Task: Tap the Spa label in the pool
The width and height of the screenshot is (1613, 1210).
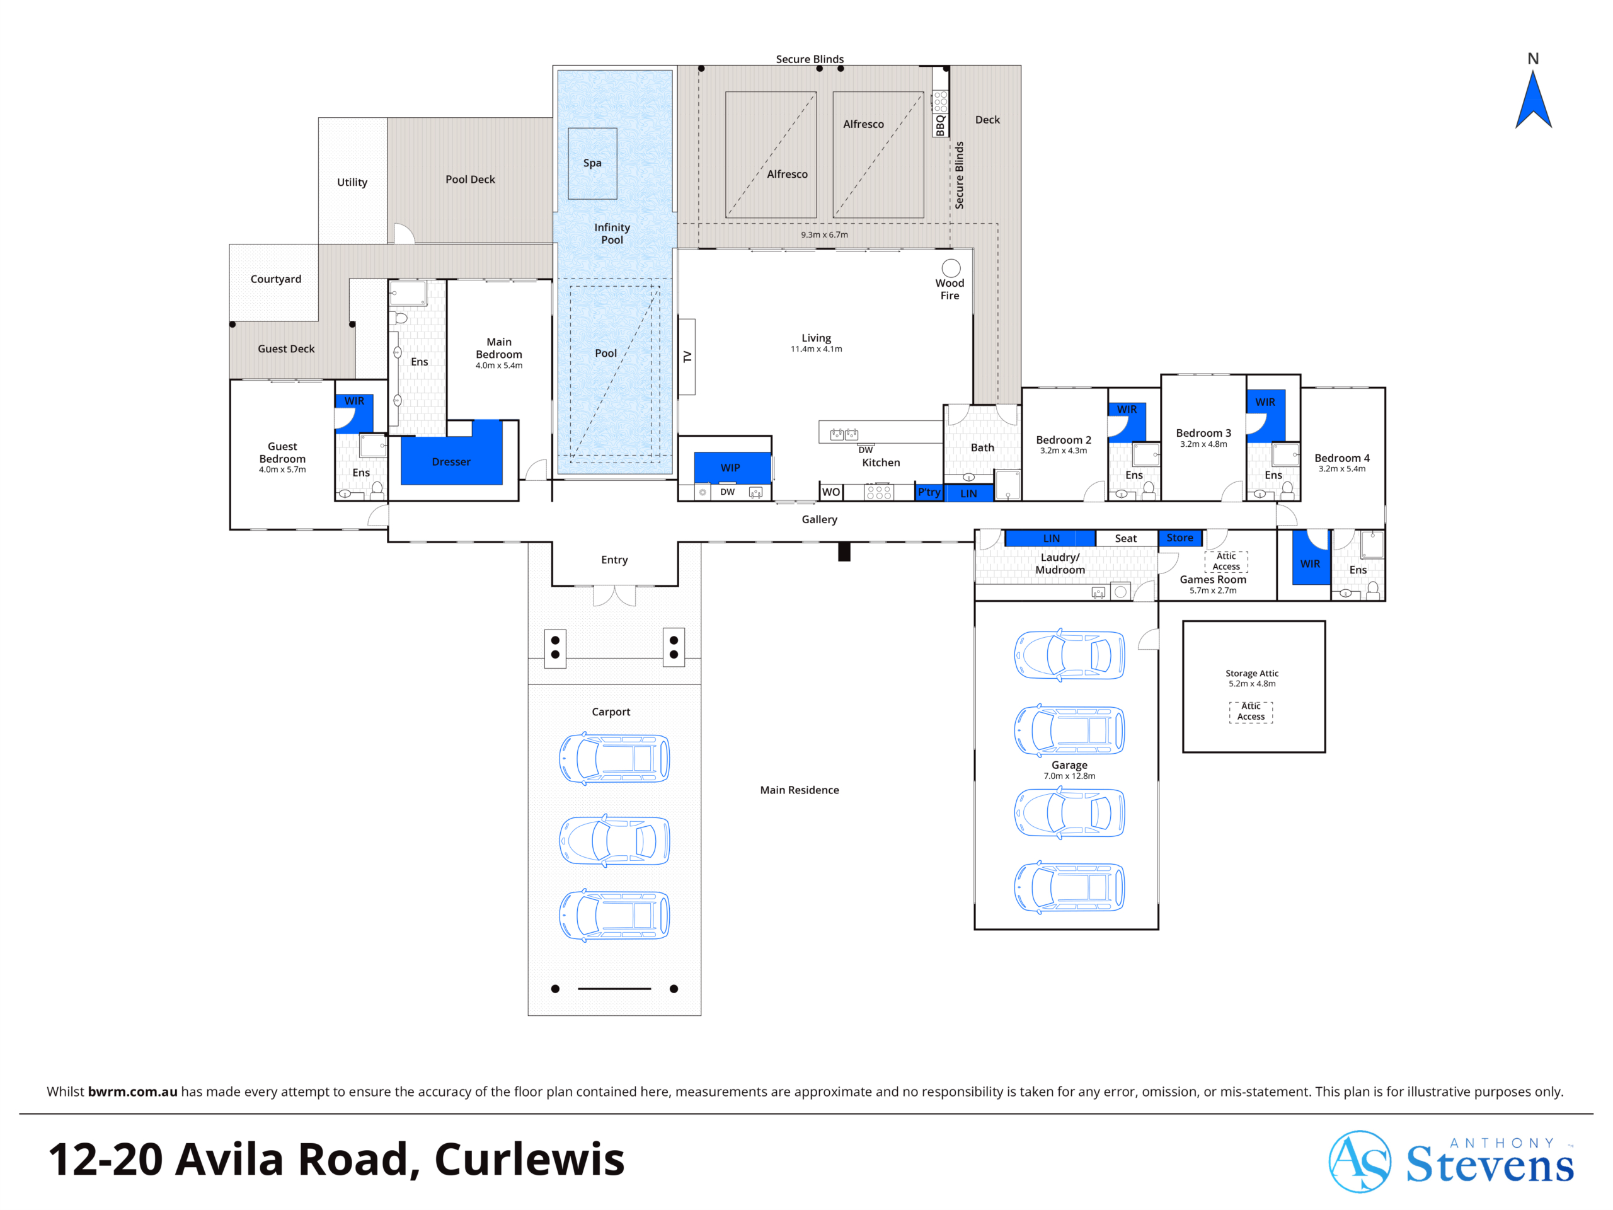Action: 592,163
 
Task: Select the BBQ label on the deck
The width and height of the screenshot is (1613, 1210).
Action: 940,125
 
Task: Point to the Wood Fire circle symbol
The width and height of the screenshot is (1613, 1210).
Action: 951,268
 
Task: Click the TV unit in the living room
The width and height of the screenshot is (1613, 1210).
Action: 686,357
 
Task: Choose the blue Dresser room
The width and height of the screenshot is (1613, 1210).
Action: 451,454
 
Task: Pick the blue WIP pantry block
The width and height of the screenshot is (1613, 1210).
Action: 732,468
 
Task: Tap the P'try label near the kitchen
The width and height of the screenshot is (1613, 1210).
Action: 929,492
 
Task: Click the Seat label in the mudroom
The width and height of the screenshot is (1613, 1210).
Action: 1126,538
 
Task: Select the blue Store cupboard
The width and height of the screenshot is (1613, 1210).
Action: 1180,538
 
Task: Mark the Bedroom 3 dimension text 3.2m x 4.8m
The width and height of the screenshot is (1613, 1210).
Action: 1203,444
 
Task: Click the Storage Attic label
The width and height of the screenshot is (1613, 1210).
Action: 1251,673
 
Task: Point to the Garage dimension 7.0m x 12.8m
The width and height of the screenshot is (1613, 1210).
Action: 1069,776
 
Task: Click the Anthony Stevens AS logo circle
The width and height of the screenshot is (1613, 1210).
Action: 1359,1161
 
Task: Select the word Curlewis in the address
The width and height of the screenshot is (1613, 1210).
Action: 529,1160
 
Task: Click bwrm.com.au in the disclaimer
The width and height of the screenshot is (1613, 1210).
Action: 133,1092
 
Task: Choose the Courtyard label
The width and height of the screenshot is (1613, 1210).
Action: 275,279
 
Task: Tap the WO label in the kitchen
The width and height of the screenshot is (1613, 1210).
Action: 830,492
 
